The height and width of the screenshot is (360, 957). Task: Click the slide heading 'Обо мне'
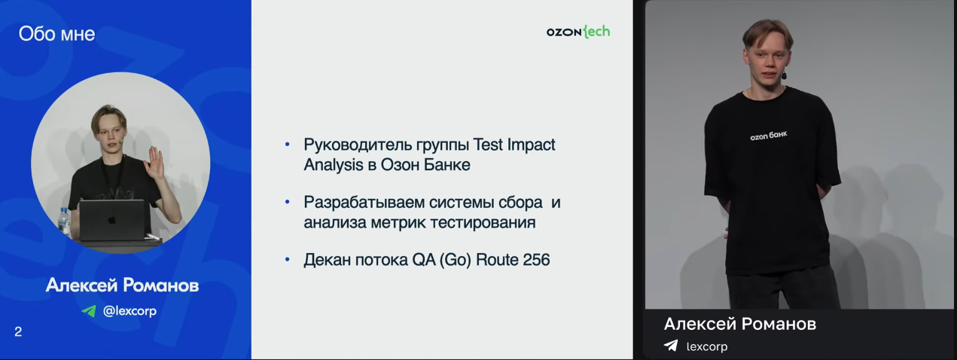point(56,34)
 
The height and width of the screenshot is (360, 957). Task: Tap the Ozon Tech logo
point(578,32)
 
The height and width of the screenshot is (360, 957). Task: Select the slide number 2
point(18,332)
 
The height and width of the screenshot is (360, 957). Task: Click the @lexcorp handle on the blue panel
point(130,311)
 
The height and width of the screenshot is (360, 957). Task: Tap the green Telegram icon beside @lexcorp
point(89,311)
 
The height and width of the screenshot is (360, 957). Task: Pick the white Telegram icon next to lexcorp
point(671,346)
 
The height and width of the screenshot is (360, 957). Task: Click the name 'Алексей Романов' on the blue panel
point(122,285)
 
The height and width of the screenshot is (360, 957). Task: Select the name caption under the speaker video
point(740,324)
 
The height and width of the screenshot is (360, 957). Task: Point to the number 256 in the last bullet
point(536,260)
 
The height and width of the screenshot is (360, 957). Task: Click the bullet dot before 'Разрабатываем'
point(287,202)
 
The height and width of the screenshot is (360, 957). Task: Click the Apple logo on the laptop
point(112,219)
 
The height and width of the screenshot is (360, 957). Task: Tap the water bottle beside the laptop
point(64,222)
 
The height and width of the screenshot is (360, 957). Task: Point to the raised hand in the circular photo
point(154,163)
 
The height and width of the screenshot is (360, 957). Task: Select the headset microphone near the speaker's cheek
point(784,75)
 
